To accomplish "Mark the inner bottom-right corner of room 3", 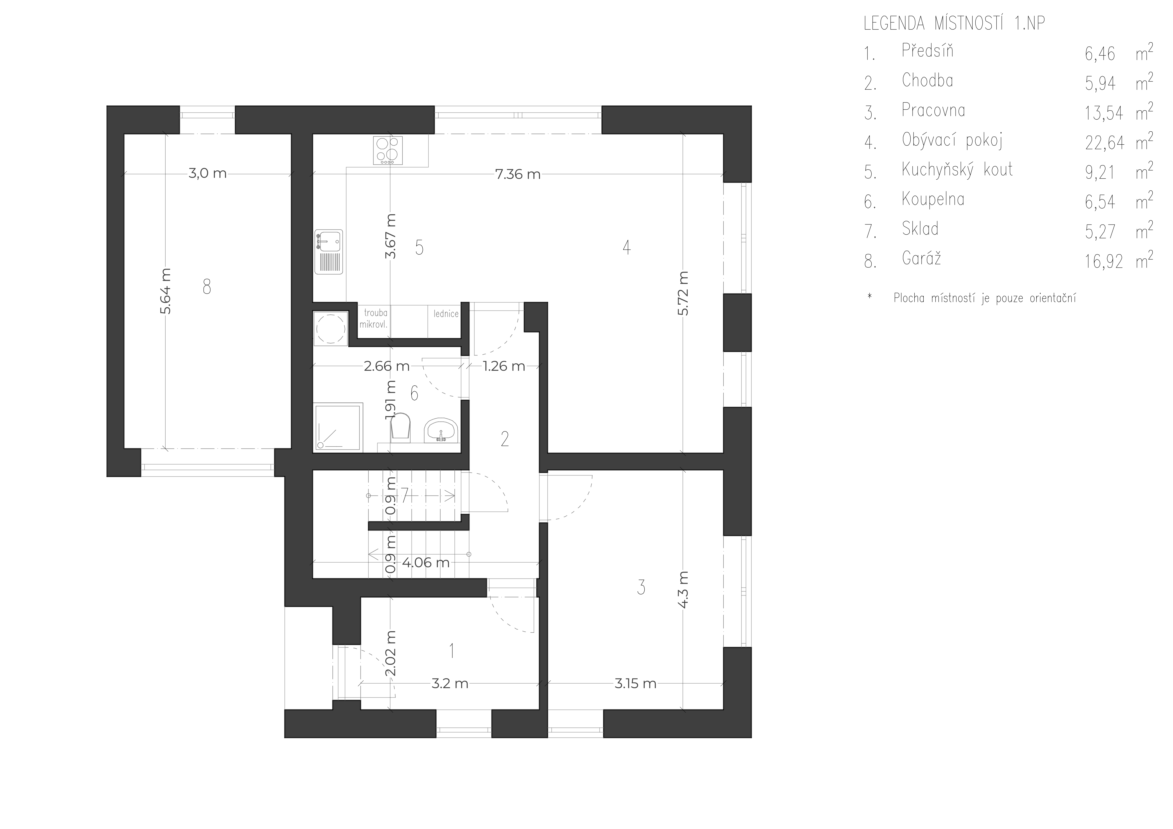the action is tap(723, 709).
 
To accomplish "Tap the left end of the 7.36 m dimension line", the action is tap(313, 174).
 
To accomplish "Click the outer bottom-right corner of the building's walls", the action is tap(752, 738).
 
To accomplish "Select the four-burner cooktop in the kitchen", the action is tap(388, 150).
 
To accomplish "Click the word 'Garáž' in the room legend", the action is tap(921, 259).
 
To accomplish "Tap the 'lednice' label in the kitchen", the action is tap(446, 314).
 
